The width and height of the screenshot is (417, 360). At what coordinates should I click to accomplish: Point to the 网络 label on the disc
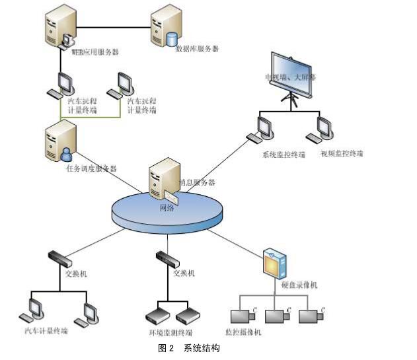(x=168, y=207)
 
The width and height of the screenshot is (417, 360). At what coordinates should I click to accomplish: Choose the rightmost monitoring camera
(x=311, y=315)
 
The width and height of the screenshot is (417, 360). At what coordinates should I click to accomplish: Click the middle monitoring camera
(x=276, y=315)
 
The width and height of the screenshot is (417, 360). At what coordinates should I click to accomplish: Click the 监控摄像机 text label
(x=243, y=332)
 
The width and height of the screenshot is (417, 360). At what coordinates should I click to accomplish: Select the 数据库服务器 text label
(x=197, y=49)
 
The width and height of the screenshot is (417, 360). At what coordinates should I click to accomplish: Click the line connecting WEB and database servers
(x=112, y=28)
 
